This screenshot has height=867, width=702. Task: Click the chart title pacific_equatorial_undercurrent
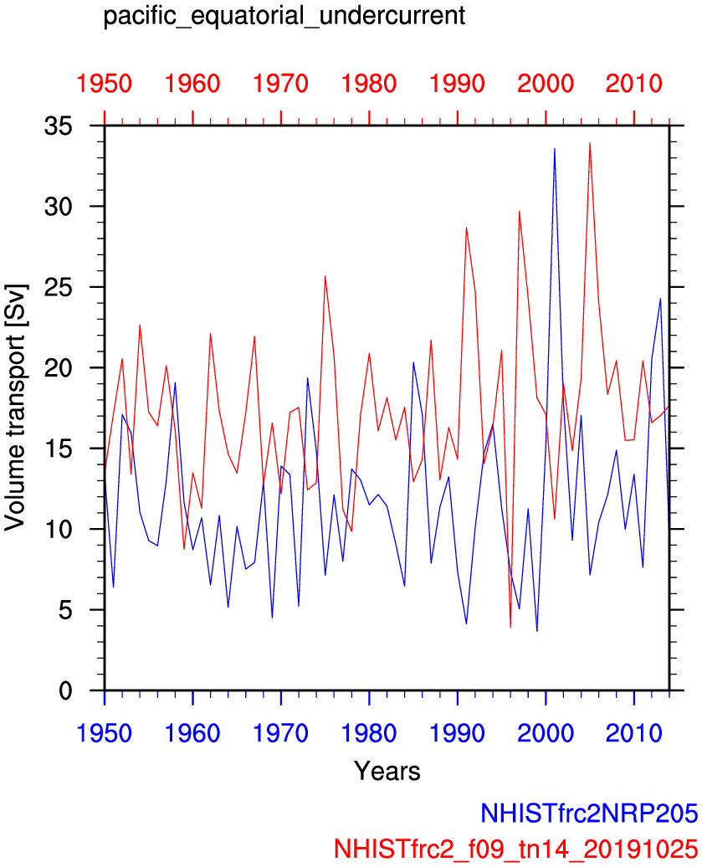tap(284, 17)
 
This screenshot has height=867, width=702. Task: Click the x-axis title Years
tap(387, 770)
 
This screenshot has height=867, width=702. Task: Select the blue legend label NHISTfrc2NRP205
tap(588, 813)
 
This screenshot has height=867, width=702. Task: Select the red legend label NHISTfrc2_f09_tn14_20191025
tap(515, 847)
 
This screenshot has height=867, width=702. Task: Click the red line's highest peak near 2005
tap(590, 143)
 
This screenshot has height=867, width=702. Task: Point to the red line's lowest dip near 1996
tap(510, 627)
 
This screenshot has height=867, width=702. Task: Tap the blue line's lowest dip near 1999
tap(536, 630)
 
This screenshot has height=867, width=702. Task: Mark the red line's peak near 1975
tap(325, 276)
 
